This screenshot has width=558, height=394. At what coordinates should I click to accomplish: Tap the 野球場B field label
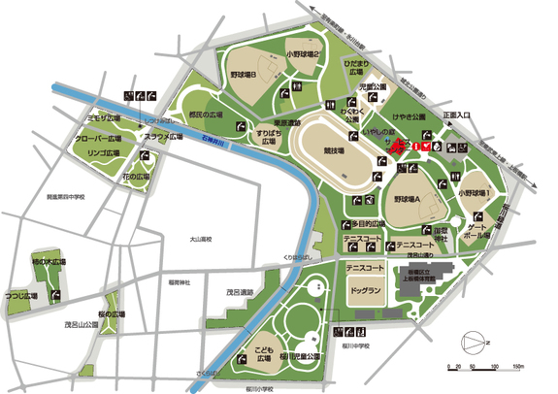[x=246, y=74]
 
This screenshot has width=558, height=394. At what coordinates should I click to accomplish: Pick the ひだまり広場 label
[x=355, y=67]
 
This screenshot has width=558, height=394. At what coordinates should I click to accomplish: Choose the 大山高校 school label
[x=201, y=237]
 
